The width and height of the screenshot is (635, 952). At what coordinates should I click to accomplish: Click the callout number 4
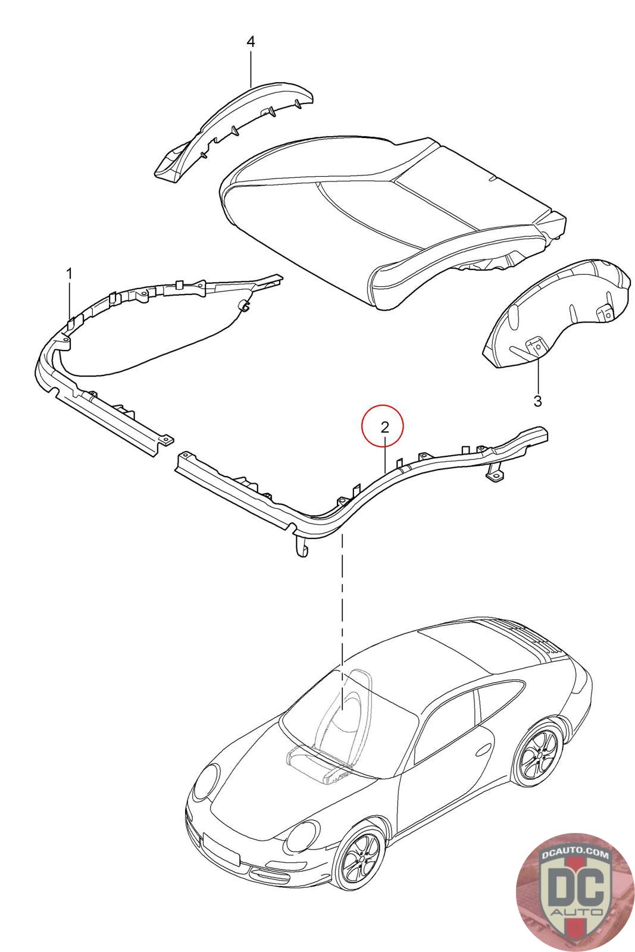(251, 42)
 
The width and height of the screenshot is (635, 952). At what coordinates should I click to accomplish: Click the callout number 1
(69, 274)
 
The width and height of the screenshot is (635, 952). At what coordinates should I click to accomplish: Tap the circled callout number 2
(385, 427)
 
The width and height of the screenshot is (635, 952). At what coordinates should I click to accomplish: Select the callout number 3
(537, 401)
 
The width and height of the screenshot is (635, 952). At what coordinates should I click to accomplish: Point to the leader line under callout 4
(251, 68)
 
